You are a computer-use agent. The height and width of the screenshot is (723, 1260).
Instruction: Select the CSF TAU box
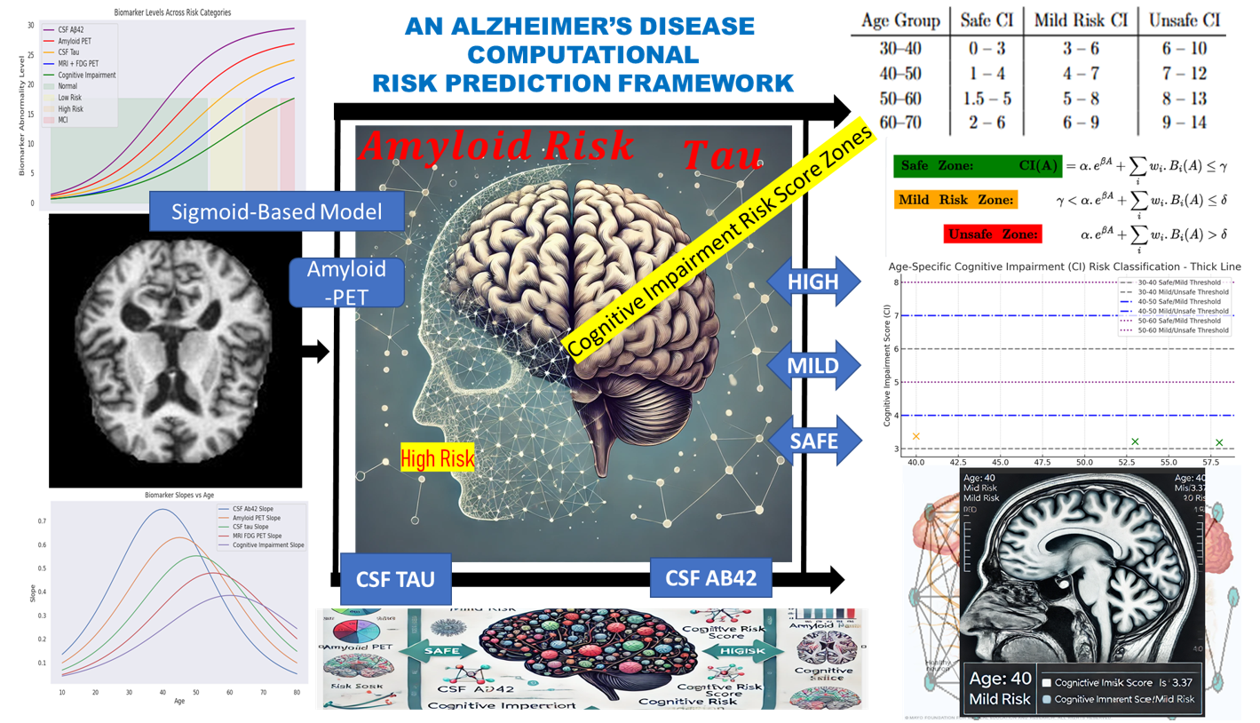click(x=396, y=578)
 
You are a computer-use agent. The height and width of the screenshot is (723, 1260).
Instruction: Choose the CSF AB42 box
click(x=711, y=578)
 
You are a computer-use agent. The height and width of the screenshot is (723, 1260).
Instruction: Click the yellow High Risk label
click(x=438, y=457)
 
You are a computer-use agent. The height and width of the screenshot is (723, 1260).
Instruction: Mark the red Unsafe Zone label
click(x=992, y=234)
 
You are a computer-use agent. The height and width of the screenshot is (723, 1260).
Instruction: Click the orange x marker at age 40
click(x=916, y=436)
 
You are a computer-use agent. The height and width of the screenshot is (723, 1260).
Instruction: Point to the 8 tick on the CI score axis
click(x=898, y=282)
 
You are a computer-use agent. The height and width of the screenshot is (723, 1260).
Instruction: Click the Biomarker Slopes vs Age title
click(x=177, y=494)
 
